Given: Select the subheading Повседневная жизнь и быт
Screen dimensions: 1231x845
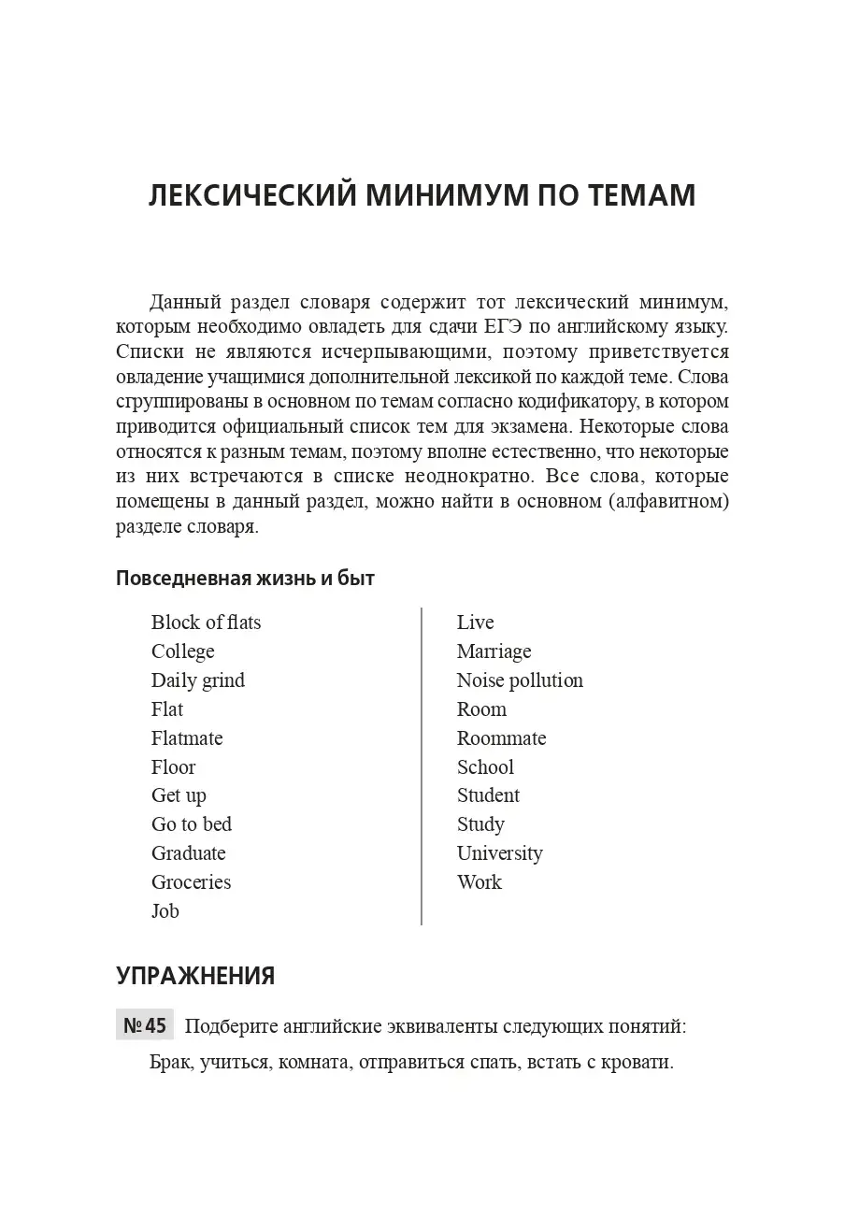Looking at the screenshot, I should (x=245, y=578).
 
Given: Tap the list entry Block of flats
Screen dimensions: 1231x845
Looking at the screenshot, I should (x=206, y=623).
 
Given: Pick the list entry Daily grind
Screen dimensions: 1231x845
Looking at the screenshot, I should (x=198, y=680).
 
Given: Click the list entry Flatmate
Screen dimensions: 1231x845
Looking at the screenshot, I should (x=187, y=738).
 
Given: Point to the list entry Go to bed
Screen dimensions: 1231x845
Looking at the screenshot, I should (x=192, y=824).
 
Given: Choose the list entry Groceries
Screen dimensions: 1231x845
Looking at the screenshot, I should (x=191, y=882).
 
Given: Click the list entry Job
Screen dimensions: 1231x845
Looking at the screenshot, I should (x=165, y=911).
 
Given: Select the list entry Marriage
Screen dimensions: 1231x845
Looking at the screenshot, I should (x=494, y=651).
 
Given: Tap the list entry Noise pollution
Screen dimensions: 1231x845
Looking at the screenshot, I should (x=520, y=680).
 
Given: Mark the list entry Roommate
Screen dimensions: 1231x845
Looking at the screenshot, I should (x=501, y=738).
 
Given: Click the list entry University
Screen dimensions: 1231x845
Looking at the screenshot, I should (x=499, y=853).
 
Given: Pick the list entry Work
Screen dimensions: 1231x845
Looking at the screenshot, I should (x=480, y=882).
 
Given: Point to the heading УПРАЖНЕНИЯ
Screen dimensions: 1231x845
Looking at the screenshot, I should (x=195, y=976).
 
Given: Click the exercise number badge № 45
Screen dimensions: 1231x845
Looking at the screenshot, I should (x=145, y=1026).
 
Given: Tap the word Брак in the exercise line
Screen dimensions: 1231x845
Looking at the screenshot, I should (x=171, y=1063).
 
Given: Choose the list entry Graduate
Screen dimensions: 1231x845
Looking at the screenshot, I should (x=189, y=853).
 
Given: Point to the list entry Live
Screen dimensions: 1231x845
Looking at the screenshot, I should (x=475, y=623).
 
